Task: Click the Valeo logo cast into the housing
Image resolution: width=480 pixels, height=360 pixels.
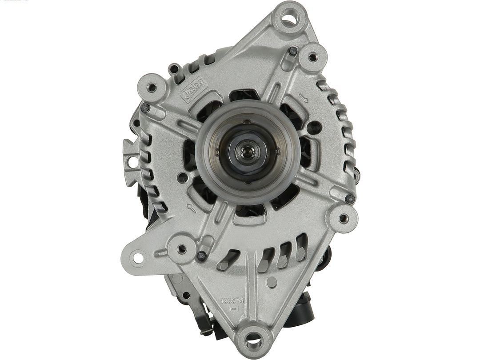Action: (x=192, y=90)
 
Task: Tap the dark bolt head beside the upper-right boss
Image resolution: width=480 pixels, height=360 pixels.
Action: (x=292, y=51)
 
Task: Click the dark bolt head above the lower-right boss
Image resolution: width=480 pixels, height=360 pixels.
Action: (x=350, y=199)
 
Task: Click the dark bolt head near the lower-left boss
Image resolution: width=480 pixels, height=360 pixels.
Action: (x=202, y=256)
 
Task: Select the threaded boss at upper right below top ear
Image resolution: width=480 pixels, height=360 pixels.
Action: (x=312, y=56)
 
